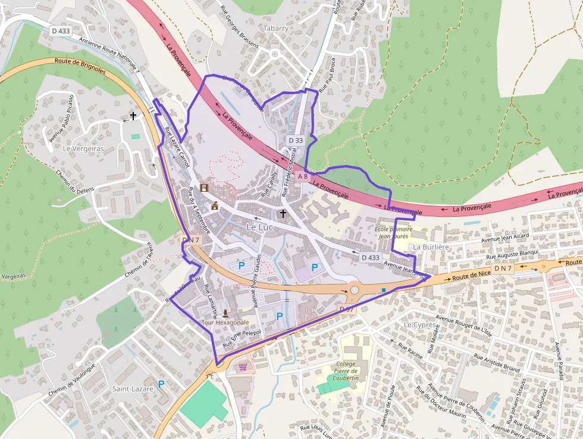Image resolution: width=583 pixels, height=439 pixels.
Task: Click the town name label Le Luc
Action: pos(260,227)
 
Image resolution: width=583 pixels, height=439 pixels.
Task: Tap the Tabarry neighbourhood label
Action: pos(275,28)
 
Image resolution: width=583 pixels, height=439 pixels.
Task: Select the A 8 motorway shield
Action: pos(303,176)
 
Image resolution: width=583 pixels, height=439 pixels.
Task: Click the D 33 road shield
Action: pos(296,141)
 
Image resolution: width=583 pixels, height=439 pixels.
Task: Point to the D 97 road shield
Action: pos(347,309)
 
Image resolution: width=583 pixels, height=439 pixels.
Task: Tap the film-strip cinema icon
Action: pos(205,188)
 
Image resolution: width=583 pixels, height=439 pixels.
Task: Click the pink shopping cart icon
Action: pos(243,367)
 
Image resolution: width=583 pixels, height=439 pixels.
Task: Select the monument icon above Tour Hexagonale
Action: pos(225,313)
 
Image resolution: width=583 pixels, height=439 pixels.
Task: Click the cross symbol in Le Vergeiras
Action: pos(133,116)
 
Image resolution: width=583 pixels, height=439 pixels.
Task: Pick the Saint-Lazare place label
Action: pos(133,389)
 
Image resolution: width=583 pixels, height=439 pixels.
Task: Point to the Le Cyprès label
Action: pos(419,325)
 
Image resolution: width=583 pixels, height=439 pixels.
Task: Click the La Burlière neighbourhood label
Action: pos(431,247)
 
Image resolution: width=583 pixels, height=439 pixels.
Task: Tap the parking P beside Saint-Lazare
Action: pos(161,385)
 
